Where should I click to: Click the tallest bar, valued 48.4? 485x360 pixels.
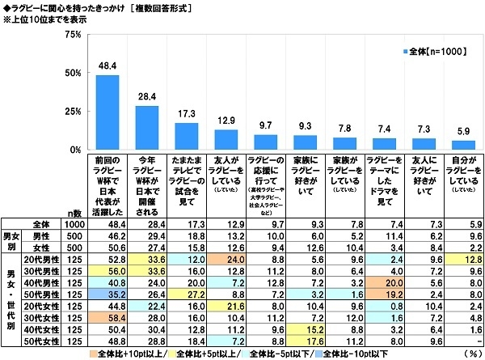108,112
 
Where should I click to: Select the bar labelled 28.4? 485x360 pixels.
147,128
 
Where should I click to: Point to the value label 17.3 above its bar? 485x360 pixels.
187,116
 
